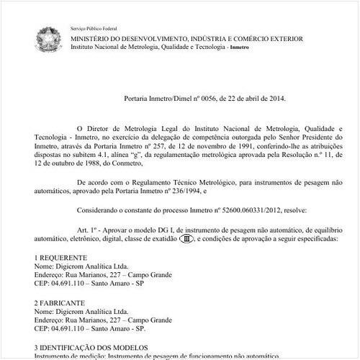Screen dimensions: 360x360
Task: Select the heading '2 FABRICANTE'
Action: point(60,303)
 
